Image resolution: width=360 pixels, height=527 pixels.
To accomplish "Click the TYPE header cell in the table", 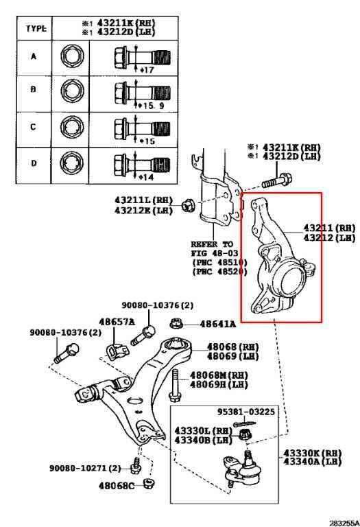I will pyautogui.click(x=36, y=29).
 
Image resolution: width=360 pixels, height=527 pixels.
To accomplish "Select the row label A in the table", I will pyautogui.click(x=33, y=56).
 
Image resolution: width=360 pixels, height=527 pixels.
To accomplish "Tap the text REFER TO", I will pyautogui.click(x=213, y=244).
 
